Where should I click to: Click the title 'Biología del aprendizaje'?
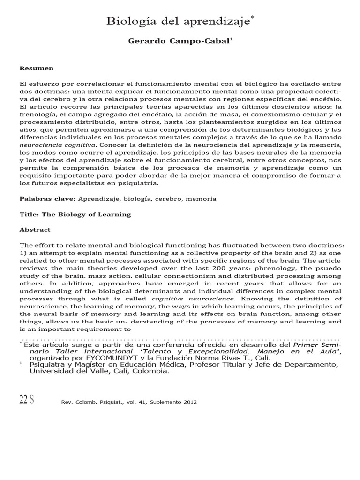point(179,21)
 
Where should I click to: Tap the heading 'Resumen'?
point(36,68)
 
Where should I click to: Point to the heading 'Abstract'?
point(35,230)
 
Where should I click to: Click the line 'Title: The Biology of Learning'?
point(75,214)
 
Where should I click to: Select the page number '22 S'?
point(26,400)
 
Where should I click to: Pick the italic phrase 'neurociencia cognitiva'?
point(52,145)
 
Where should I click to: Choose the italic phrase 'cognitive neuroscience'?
point(189,299)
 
